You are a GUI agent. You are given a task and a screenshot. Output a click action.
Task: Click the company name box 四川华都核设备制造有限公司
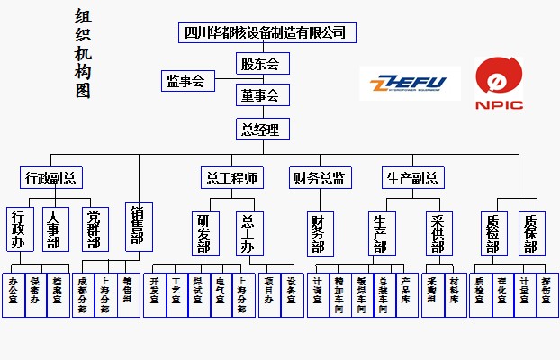pos(264,32)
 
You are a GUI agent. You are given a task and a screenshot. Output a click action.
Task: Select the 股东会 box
pos(264,64)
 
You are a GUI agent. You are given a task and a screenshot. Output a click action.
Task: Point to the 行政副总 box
pos(50,177)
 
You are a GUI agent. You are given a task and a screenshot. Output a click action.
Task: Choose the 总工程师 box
pos(231,177)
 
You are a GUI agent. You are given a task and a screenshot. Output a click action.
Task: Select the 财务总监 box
pos(319,177)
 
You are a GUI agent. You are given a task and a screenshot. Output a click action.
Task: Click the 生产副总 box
pos(411,177)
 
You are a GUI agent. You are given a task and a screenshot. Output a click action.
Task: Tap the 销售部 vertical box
pos(138,226)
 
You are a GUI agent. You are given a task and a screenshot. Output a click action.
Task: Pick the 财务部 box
pos(318,233)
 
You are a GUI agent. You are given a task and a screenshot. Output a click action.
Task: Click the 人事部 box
pos(55,229)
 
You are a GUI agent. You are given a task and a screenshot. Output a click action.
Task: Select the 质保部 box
pos(531,232)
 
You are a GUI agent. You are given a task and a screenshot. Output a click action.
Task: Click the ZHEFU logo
pos(410,84)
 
